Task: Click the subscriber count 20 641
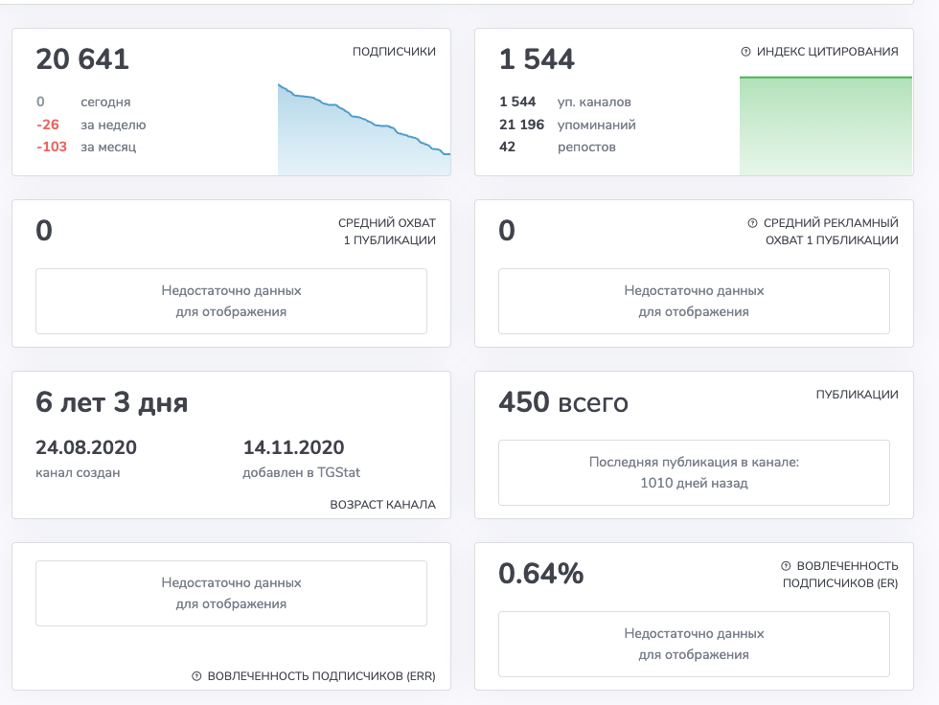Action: click(82, 59)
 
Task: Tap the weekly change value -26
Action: click(48, 125)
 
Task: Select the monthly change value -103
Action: click(52, 147)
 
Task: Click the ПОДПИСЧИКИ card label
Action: click(394, 52)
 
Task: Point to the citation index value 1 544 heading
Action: click(537, 59)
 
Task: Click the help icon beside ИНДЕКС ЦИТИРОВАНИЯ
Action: click(745, 52)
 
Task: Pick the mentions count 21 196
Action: click(521, 125)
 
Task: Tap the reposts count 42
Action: click(507, 147)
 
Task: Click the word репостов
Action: click(586, 148)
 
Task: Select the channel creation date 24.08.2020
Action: click(86, 447)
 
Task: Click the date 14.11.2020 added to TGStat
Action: click(293, 447)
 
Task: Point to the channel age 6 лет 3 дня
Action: click(112, 402)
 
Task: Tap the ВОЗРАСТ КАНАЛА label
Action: click(382, 505)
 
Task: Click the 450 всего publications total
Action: click(563, 402)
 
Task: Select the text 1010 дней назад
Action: click(694, 483)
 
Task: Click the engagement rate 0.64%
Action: click(541, 574)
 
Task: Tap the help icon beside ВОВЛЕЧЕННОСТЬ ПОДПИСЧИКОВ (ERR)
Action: click(196, 675)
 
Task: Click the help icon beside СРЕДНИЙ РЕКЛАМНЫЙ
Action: click(752, 222)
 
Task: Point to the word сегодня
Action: click(105, 102)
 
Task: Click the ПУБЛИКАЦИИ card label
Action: click(857, 395)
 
